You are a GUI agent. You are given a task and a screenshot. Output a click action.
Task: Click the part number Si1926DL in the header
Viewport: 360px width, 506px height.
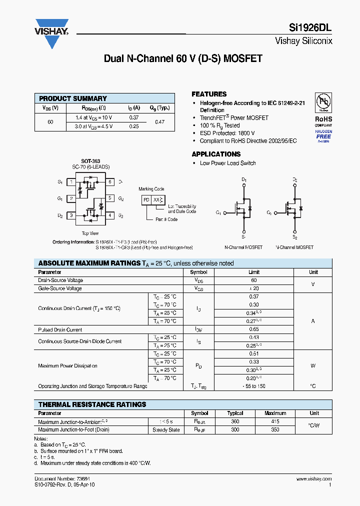tap(312, 29)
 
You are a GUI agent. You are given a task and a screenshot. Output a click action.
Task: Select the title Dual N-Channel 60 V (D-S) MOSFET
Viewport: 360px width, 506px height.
tap(183, 58)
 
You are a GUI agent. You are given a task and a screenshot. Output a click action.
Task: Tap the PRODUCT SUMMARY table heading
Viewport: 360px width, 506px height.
tap(73, 98)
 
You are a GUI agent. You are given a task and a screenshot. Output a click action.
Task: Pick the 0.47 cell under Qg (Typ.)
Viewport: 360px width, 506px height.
tap(159, 121)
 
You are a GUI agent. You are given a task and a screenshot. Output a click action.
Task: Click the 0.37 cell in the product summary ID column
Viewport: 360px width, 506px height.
tap(133, 117)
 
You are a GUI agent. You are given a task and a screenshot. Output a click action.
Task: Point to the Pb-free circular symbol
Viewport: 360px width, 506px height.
tap(323, 103)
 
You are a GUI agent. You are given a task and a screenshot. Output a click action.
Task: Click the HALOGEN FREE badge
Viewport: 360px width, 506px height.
tap(323, 135)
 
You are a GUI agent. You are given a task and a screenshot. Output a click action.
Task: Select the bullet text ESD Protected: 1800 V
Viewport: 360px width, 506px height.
tap(227, 133)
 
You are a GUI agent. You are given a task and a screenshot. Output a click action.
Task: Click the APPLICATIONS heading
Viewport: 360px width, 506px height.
tap(216, 154)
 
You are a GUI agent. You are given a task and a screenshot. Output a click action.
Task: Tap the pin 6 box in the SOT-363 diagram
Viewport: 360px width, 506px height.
tap(109, 182)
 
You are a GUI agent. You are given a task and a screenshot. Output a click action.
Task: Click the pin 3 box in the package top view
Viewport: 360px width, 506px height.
tap(71, 215)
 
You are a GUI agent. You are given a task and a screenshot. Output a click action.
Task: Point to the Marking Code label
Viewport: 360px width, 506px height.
tap(151, 189)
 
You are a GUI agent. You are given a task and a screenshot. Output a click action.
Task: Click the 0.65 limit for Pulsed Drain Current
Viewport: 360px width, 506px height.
tap(254, 330)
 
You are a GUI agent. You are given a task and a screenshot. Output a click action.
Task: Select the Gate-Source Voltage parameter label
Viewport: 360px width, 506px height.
tap(60, 288)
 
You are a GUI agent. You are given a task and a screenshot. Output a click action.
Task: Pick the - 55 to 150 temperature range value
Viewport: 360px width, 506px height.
tap(254, 386)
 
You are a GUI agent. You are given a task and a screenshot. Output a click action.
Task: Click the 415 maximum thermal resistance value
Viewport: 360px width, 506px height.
tap(275, 421)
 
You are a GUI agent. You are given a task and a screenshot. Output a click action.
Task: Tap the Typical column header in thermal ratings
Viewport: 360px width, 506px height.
tap(235, 413)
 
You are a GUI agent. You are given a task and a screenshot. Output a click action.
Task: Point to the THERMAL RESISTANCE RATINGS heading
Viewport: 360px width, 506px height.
tap(92, 404)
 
